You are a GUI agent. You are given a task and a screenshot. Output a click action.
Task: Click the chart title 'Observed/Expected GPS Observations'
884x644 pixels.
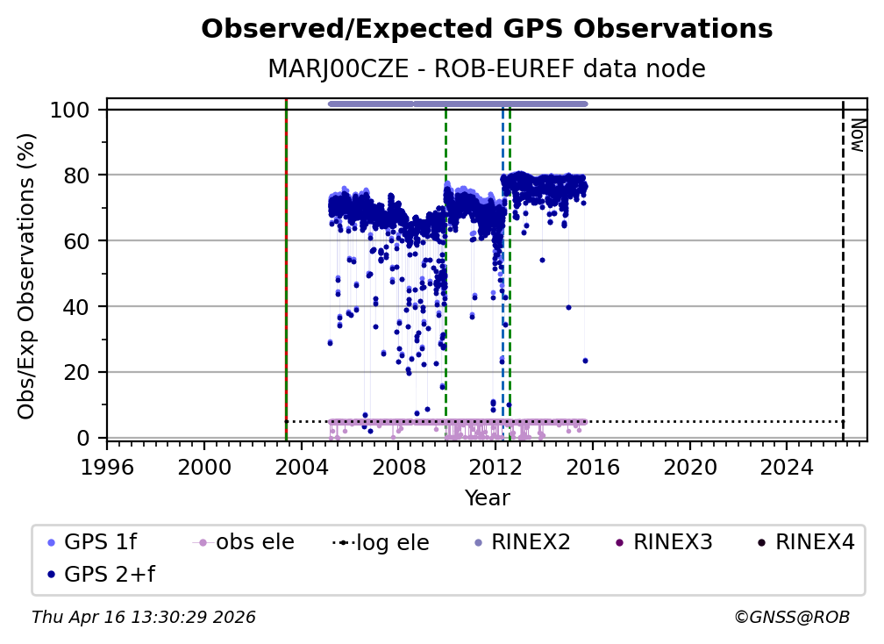(x=487, y=30)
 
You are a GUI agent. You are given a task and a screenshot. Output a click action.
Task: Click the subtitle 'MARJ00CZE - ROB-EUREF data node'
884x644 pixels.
(x=487, y=69)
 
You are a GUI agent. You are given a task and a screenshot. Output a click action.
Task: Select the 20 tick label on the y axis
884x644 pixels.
(x=77, y=372)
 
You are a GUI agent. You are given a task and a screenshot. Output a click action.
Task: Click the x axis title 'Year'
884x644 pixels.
(x=487, y=498)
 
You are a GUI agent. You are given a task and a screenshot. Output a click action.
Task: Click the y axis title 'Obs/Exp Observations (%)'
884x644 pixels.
(x=27, y=275)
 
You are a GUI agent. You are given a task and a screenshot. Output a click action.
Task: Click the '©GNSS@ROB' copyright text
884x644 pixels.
(x=792, y=618)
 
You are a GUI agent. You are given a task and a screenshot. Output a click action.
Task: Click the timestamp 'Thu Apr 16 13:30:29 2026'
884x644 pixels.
(x=144, y=618)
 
